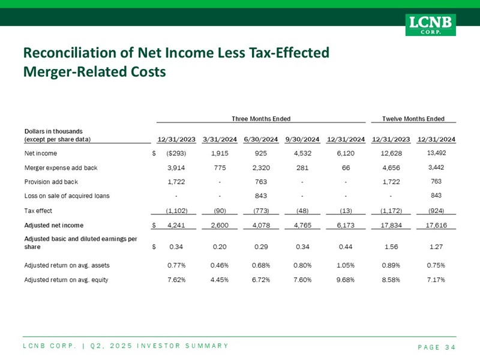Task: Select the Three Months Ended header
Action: point(261,119)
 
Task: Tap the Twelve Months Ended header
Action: point(413,119)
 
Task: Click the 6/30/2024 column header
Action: point(261,140)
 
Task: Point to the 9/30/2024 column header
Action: point(302,140)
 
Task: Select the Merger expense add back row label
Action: point(56,167)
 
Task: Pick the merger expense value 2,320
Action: point(261,167)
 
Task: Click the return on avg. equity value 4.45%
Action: point(220,279)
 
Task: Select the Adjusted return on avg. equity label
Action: point(66,279)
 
